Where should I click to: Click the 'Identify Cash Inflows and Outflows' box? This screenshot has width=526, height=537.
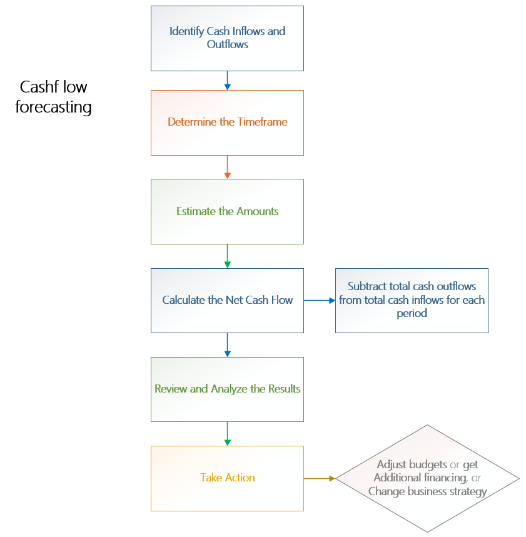click(227, 38)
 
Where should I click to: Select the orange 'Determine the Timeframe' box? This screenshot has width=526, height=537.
click(227, 123)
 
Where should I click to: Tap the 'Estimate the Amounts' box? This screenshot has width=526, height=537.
click(227, 211)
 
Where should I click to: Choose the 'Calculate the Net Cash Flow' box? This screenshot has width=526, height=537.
click(227, 300)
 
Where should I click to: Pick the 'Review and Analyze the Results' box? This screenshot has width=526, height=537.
click(227, 389)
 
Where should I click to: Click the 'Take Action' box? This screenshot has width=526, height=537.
click(227, 478)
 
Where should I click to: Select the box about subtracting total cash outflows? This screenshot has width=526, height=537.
click(412, 300)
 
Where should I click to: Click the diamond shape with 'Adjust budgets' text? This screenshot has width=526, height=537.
click(428, 478)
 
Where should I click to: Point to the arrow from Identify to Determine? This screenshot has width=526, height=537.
click(227, 80)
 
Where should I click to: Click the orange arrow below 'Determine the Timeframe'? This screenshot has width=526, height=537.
click(227, 167)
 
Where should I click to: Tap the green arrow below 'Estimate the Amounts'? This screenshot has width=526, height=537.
click(227, 256)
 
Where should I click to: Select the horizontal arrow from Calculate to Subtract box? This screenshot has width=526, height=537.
click(320, 300)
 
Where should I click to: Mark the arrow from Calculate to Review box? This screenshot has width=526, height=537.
click(227, 344)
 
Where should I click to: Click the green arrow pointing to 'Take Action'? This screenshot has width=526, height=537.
click(227, 433)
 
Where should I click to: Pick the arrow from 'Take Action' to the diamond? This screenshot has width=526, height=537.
click(320, 478)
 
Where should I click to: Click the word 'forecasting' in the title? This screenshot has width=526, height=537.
click(54, 107)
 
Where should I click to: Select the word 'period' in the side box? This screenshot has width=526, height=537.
click(412, 313)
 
